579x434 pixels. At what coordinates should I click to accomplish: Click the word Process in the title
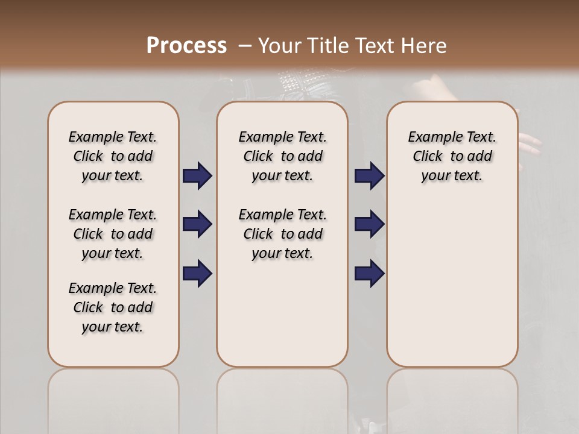coord(186,46)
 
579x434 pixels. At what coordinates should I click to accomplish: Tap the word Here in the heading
coord(422,46)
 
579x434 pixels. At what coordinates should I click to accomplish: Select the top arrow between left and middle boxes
coord(197,175)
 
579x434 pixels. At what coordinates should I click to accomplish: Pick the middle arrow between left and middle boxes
coord(197,224)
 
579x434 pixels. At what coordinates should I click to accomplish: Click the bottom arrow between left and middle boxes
coord(197,272)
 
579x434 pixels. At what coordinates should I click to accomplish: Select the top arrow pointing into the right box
coord(369,175)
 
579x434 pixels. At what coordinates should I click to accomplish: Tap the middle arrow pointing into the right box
coord(369,224)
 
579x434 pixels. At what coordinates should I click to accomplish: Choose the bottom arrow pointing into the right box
coord(369,272)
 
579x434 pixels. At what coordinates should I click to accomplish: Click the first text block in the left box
coord(113,156)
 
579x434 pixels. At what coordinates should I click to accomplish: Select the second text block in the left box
coord(113,234)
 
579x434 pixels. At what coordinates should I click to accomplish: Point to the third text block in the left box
coord(113,307)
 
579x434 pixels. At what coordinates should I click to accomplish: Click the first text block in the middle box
coord(283,156)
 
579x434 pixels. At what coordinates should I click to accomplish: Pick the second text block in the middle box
coord(283,234)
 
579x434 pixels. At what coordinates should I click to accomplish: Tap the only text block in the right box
coord(452,156)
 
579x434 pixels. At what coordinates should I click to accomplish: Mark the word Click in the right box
coord(428,157)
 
